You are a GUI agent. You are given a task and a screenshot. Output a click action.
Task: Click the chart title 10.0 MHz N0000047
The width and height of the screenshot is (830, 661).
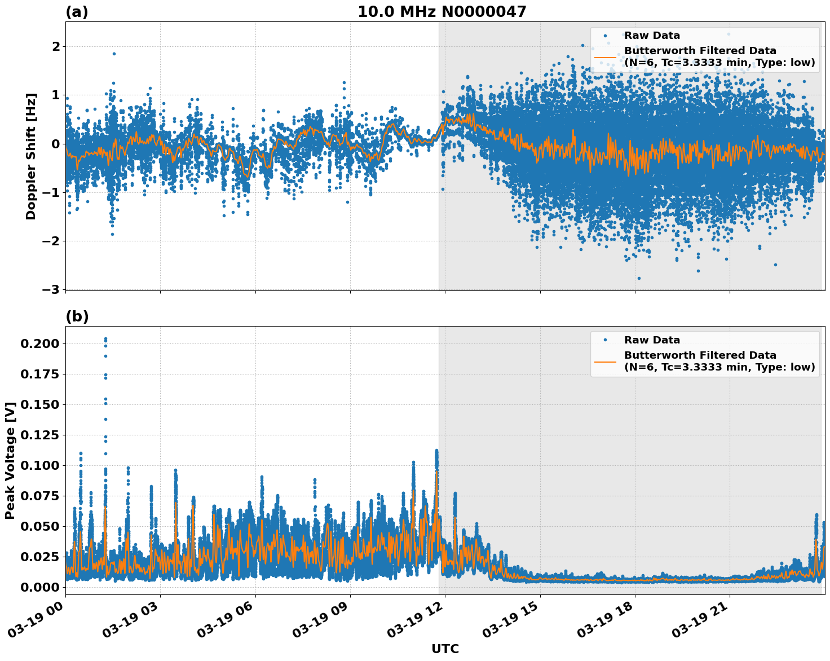442,12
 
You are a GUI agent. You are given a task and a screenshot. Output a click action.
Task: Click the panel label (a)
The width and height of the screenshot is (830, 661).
77,12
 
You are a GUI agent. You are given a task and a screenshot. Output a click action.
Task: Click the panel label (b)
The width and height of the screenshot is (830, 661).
77,316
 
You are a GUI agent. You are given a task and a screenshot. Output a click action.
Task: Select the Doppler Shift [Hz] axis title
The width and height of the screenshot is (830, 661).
31,156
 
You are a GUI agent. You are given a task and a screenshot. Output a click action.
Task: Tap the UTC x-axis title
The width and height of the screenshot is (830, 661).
445,649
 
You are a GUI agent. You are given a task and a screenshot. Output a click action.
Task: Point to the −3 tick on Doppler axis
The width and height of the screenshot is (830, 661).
50,290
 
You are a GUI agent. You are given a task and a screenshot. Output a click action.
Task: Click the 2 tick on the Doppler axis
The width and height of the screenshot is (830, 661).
55,46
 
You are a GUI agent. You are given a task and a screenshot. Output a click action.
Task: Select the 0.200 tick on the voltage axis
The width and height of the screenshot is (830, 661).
39,343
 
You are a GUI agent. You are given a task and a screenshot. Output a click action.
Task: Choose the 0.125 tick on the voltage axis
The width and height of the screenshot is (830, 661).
39,435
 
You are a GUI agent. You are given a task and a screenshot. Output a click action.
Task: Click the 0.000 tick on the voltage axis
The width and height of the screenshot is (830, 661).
39,587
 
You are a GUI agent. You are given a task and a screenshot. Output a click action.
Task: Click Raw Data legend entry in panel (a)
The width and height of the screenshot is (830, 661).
652,36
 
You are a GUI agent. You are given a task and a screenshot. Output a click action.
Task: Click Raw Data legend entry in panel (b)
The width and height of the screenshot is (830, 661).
652,340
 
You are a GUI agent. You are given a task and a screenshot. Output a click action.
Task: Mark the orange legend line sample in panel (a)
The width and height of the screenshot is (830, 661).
605,56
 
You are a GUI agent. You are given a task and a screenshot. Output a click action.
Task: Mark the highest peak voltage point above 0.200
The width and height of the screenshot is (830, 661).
105,339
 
